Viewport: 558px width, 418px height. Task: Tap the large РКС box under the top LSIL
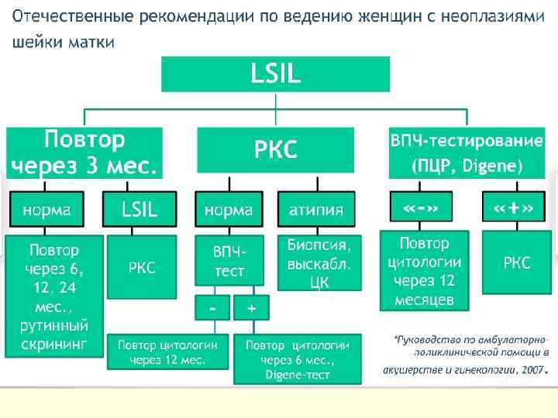tap(275, 149)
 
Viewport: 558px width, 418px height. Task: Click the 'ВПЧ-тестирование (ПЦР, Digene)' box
tap(467, 152)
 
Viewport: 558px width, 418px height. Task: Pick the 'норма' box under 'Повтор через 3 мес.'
tap(46, 210)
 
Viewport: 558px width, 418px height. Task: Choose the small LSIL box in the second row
tap(139, 210)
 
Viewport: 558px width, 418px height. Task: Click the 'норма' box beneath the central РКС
tap(229, 210)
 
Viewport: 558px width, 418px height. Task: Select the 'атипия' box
tap(316, 210)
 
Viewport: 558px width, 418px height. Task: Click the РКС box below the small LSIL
tap(142, 267)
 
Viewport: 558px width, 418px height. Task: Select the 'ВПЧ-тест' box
tap(229, 262)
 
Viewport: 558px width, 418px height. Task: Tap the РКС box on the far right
tap(517, 263)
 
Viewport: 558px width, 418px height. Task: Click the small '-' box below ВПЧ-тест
tap(212, 307)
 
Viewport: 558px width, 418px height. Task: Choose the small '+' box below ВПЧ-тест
tap(251, 307)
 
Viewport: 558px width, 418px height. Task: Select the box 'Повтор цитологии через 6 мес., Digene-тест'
tap(297, 359)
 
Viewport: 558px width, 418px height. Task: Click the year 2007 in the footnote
tap(532, 371)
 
